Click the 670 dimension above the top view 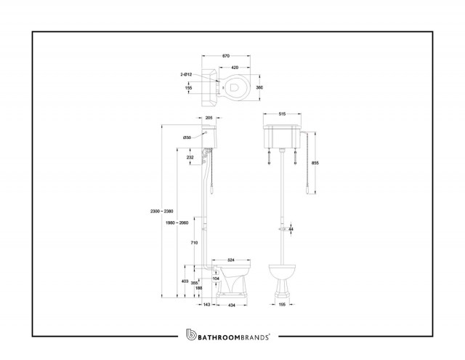(x=226, y=56)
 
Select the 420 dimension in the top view (x=235, y=68)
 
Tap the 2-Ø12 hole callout (x=186, y=74)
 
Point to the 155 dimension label (x=188, y=88)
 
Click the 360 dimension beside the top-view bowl (x=259, y=87)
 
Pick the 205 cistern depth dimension (x=209, y=118)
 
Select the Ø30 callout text (x=187, y=137)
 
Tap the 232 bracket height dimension (x=190, y=157)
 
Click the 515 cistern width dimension (x=283, y=114)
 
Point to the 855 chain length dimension (x=315, y=163)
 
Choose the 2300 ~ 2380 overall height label (x=162, y=212)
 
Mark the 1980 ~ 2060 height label (x=177, y=223)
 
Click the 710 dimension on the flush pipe (x=194, y=243)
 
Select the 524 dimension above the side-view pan (x=231, y=260)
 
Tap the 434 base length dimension (x=232, y=305)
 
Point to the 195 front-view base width (x=283, y=305)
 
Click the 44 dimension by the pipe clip (x=291, y=229)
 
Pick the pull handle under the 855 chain (x=309, y=188)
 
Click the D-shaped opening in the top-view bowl (x=234, y=88)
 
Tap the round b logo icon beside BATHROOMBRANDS (x=191, y=335)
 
